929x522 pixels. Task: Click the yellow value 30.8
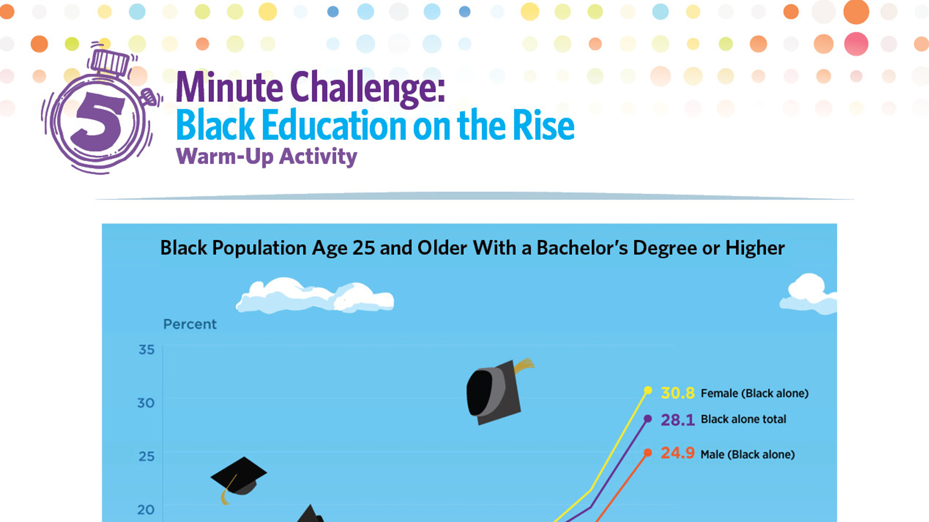(x=677, y=393)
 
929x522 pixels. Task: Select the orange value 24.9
(x=677, y=453)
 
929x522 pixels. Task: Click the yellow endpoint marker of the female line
(x=648, y=390)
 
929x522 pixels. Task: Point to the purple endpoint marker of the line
(x=648, y=419)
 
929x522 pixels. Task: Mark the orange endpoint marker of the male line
(x=648, y=452)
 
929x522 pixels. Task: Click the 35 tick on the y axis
(x=146, y=350)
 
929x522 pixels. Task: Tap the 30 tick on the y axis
(x=146, y=403)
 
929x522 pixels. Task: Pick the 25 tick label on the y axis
(x=146, y=457)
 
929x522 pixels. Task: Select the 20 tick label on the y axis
(x=146, y=510)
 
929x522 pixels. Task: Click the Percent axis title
(x=190, y=324)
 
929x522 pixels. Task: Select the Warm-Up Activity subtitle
(x=266, y=157)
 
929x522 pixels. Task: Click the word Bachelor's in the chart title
(x=582, y=248)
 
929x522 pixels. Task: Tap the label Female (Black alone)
(x=754, y=393)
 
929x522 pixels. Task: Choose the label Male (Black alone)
(x=748, y=454)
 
